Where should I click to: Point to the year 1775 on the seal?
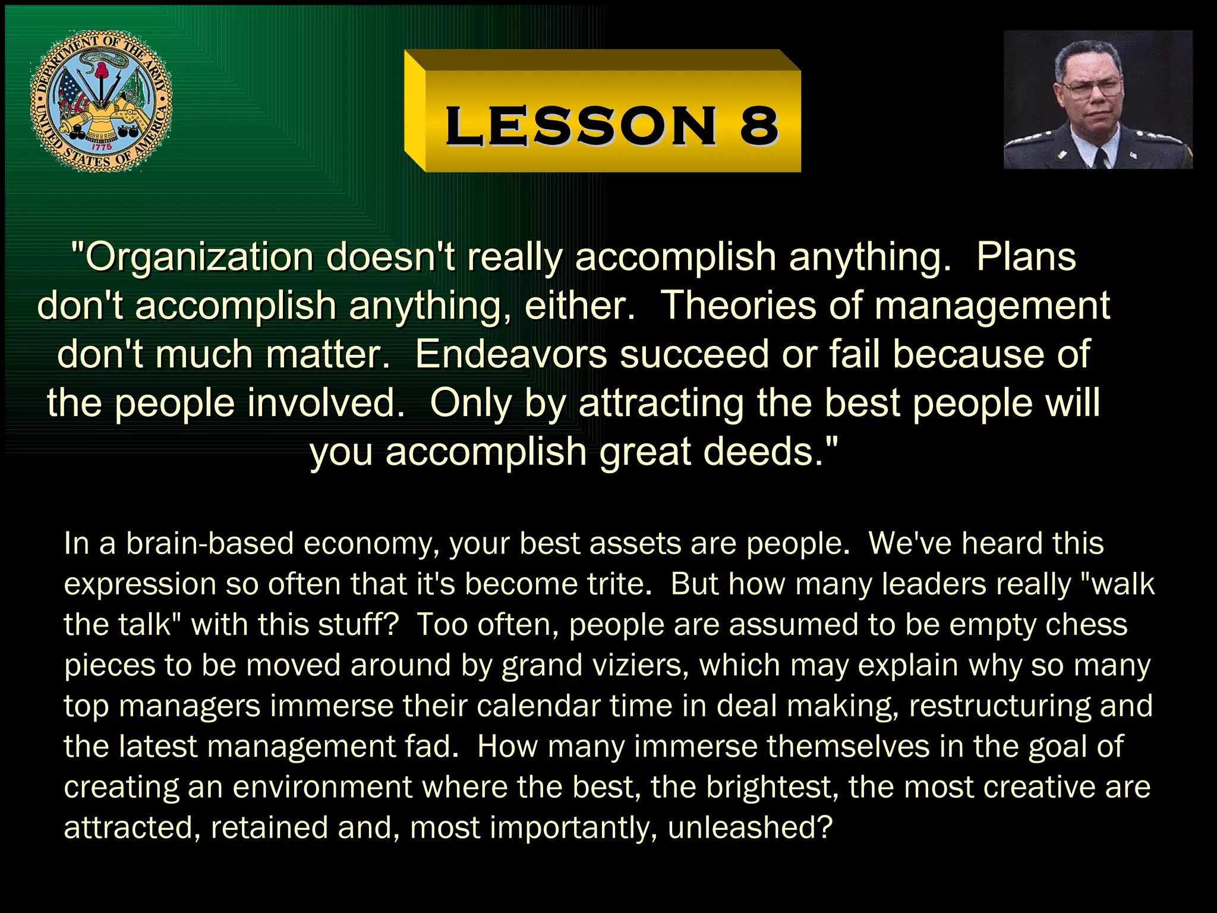click(102, 146)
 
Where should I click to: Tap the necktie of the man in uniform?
click(1101, 158)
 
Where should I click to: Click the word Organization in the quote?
click(198, 257)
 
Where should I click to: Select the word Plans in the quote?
click(1026, 257)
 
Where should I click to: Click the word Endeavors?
click(510, 355)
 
